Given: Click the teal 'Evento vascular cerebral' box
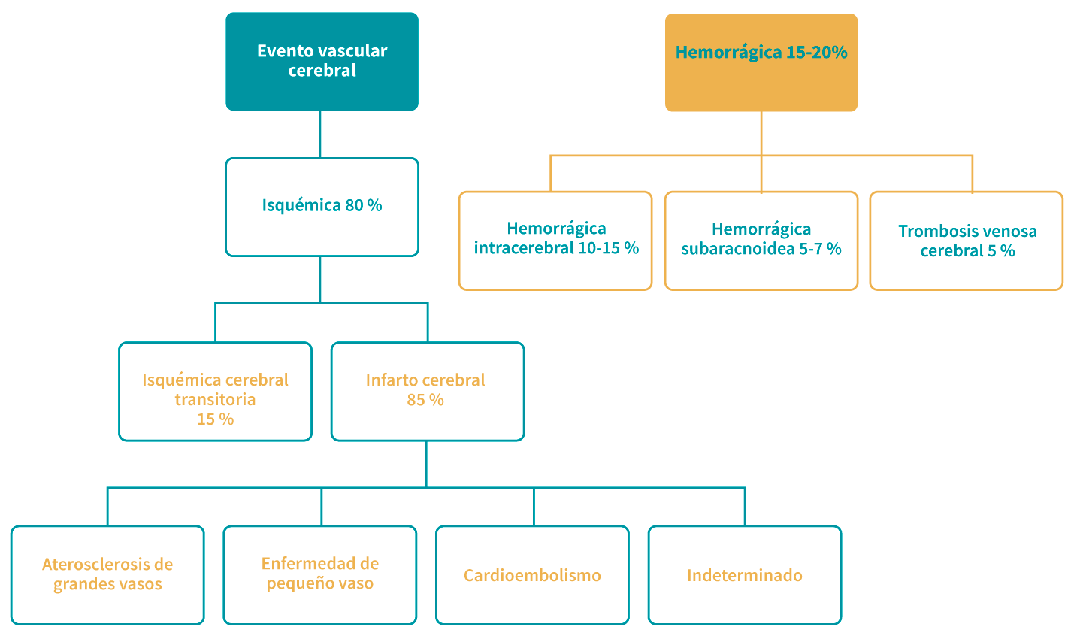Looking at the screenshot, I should pos(322,61).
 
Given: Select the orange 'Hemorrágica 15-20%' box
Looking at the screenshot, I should pos(761,62).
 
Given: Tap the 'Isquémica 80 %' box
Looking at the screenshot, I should pos(322,206).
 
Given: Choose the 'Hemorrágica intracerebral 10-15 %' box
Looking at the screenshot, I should pos(555,240).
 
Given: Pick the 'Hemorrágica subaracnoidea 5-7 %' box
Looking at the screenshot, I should pos(761,240).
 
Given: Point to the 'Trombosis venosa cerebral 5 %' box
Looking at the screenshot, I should pos(967,241).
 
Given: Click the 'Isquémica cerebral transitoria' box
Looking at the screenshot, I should pos(215,391).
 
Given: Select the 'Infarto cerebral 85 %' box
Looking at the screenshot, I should pos(427,391).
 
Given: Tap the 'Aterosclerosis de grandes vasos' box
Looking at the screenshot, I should pos(107,574).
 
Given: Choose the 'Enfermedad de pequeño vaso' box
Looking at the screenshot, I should pos(320,574).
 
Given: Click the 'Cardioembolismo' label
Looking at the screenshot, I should pos(532,576).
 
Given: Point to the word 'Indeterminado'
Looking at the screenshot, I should pos(745,576).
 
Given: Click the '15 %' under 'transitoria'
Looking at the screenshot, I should pos(215,419).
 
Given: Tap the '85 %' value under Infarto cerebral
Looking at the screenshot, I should pos(425,400).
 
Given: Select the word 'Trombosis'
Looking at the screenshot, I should pos(933,232).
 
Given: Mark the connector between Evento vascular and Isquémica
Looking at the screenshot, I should pos(319,134).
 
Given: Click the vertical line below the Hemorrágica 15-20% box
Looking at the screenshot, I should pos(761,132).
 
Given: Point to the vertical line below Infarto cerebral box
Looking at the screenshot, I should pos(426,463).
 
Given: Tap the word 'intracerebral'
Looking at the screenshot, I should pos(523,248).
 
